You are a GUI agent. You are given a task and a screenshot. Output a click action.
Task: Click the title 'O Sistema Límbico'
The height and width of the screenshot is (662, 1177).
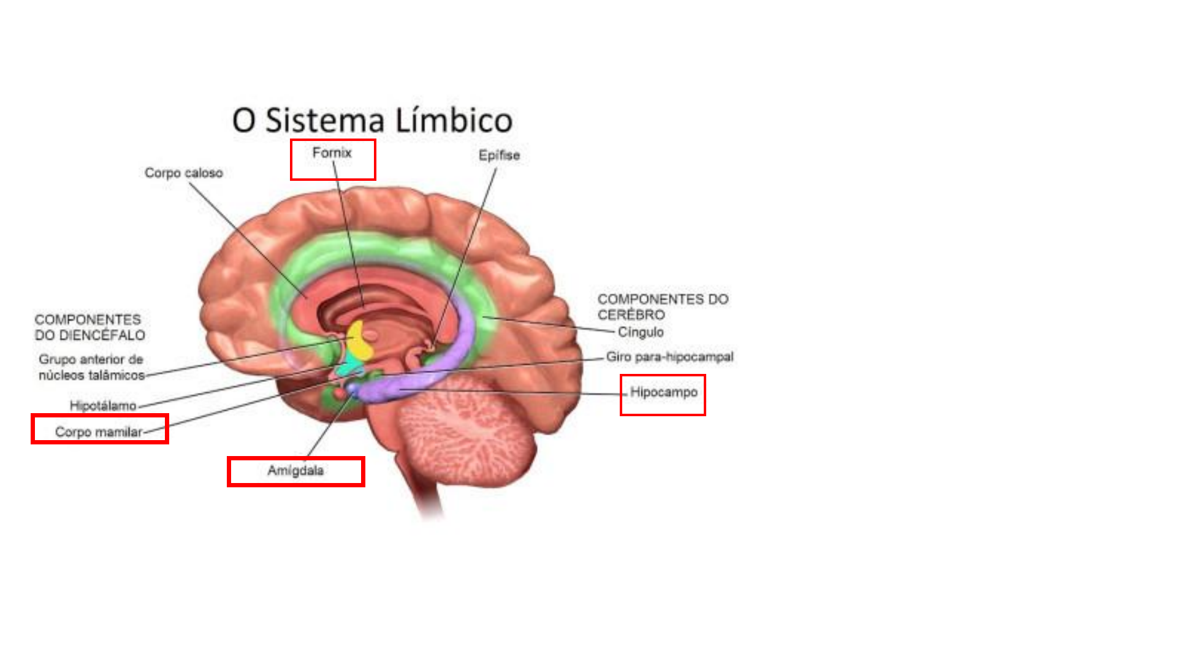(372, 120)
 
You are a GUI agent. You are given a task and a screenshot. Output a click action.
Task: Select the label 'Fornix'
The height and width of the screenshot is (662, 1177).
(332, 153)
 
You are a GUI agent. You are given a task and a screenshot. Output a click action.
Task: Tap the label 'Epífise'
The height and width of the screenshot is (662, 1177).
(499, 156)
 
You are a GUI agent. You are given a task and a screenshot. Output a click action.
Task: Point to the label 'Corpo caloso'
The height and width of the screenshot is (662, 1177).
(184, 173)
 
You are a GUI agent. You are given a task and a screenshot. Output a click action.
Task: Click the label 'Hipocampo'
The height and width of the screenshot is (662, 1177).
(664, 392)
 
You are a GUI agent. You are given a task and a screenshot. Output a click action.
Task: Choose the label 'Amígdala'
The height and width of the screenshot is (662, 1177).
(295, 471)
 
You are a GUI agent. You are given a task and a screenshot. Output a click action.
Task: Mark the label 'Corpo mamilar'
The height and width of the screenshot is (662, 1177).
(99, 432)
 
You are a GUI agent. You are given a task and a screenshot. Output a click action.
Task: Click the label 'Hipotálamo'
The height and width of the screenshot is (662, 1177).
(103, 405)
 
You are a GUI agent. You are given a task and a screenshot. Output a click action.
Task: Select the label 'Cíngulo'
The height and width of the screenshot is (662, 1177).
(641, 332)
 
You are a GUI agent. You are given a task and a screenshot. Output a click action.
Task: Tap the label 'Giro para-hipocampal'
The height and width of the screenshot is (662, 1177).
(670, 357)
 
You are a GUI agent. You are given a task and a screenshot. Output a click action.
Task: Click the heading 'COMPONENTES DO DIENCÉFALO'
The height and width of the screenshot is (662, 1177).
(90, 327)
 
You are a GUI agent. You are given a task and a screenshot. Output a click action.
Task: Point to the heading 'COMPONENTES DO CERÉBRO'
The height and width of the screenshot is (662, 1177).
(663, 306)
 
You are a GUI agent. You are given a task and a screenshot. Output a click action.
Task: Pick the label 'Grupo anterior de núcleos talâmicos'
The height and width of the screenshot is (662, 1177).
(91, 367)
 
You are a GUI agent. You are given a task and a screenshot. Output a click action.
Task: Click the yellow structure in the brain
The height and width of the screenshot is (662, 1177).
(360, 341)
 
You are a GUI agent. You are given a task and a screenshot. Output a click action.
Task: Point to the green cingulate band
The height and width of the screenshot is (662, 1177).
(392, 251)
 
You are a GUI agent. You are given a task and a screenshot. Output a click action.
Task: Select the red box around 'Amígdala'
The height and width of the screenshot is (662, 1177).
(296, 458)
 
